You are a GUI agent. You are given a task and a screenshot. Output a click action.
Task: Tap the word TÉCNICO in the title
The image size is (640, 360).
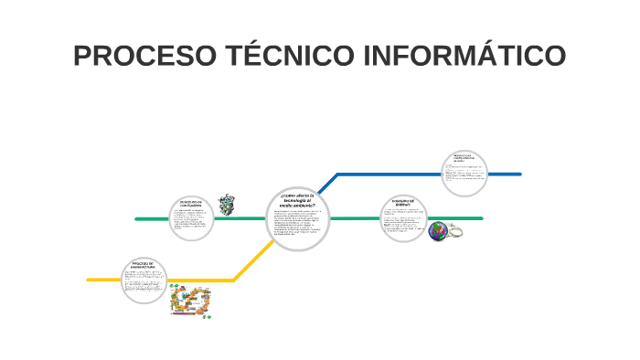tap(284, 56)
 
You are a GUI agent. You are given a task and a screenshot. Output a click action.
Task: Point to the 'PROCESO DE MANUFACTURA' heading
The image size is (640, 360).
tap(144, 265)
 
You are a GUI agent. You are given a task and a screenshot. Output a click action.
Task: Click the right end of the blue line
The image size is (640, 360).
tap(518, 174)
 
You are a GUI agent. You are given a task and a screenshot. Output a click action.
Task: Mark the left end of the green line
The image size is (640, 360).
tap(137, 219)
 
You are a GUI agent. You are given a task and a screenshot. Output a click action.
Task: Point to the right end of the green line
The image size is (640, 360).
tap(481, 218)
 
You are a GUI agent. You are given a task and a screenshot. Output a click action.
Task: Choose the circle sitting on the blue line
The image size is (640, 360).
tap(464, 174)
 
